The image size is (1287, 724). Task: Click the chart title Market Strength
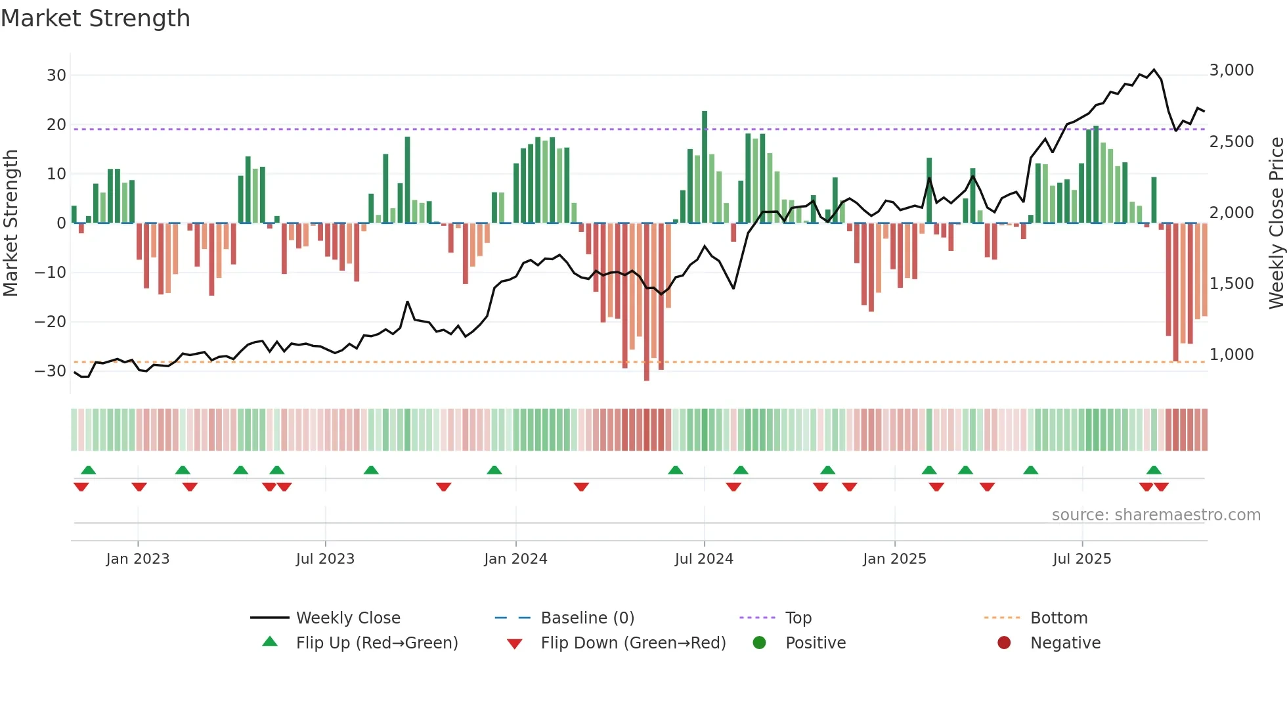point(95,18)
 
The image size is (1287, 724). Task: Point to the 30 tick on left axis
point(56,76)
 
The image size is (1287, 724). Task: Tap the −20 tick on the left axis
point(51,322)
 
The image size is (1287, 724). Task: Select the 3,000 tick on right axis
point(1231,70)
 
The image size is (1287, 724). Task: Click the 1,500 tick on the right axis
point(1231,284)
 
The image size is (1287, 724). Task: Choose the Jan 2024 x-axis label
point(515,559)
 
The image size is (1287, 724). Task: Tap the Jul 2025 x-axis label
point(1081,559)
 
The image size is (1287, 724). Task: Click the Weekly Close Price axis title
point(1276,223)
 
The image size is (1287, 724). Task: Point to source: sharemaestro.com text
point(1156,515)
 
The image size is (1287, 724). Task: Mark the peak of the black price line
point(1154,70)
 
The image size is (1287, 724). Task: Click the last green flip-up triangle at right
point(1154,470)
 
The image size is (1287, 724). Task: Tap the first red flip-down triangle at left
point(81,487)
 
